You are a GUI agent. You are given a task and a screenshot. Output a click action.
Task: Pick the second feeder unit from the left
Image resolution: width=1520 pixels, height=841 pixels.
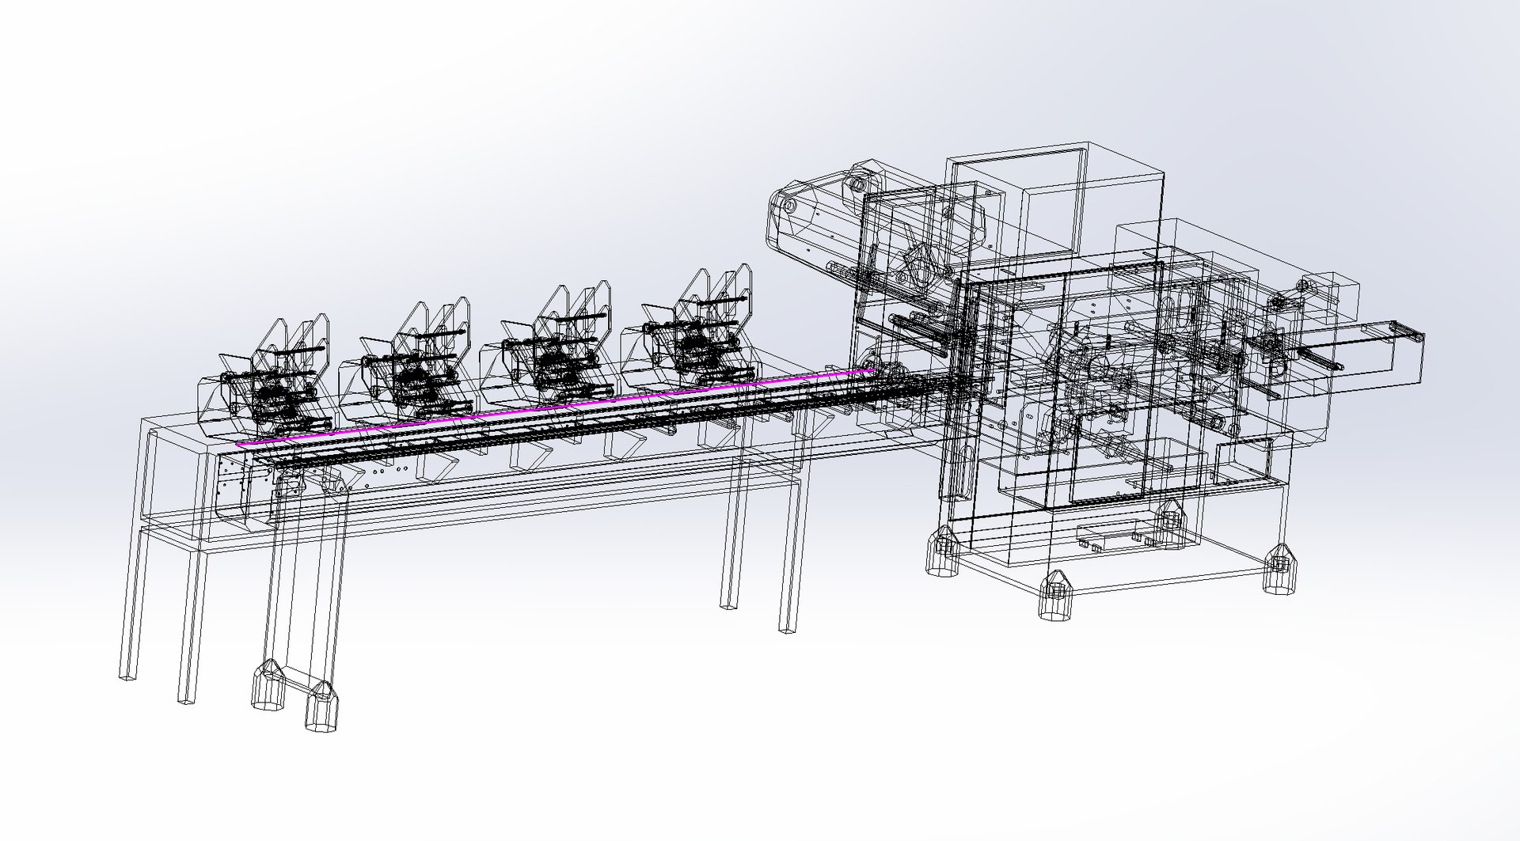point(408,360)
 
